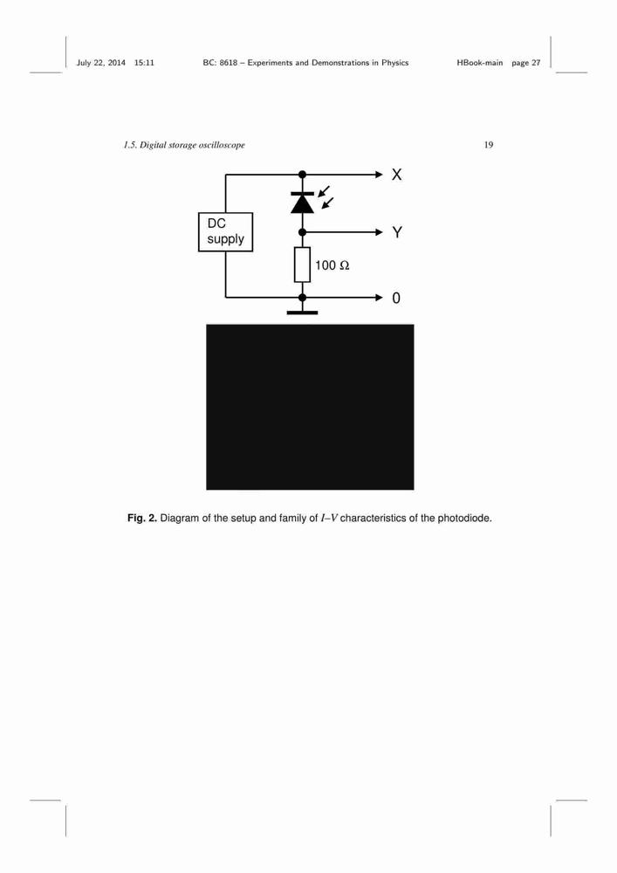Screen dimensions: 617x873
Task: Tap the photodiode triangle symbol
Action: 302,203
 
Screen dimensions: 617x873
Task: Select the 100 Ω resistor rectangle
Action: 302,265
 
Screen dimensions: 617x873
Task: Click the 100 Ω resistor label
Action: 332,265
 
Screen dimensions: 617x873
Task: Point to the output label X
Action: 396,175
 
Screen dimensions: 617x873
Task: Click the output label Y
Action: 397,232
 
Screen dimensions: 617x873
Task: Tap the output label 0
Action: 396,299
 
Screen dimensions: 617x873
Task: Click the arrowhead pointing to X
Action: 380,175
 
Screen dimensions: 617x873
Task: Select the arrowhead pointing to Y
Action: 380,232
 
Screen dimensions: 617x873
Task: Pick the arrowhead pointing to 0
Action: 380,298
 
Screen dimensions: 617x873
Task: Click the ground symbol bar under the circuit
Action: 302,313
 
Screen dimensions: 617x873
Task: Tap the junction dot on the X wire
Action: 302,175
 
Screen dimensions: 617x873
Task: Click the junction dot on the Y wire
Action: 302,232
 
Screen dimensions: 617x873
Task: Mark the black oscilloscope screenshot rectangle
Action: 310,407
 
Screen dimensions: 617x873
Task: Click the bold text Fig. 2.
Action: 142,519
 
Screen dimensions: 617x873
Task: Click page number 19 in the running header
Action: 489,145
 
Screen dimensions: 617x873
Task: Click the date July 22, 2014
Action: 100,63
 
